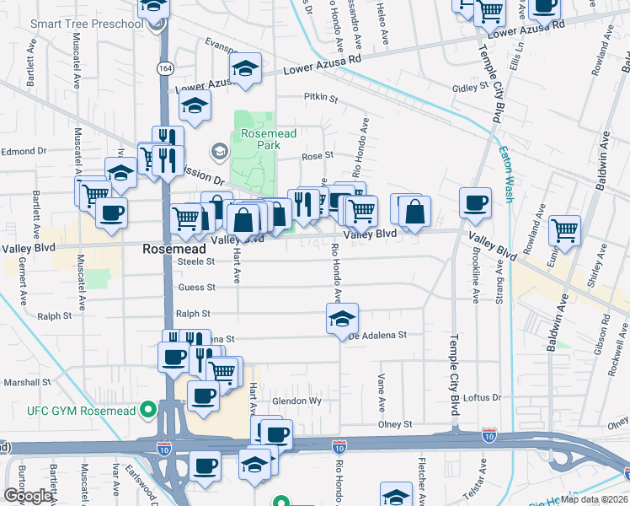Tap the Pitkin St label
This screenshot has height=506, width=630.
320,99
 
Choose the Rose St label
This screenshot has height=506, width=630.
318,155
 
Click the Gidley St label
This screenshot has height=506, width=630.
470,87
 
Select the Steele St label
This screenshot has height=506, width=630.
197,261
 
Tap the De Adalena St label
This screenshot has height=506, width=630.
378,335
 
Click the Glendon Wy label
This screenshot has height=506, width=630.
297,401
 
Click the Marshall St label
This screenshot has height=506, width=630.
27,382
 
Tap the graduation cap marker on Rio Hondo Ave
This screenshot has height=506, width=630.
342,318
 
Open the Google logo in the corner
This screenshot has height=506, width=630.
28,495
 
